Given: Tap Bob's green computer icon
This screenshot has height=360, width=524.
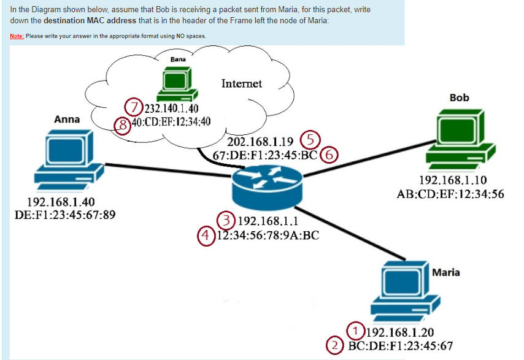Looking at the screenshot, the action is point(461,139).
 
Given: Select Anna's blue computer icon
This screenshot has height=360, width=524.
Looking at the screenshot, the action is point(69,160).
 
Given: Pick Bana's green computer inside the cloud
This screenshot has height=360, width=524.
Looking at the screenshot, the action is point(177,84).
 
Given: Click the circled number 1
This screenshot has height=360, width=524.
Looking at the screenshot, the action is point(356,331).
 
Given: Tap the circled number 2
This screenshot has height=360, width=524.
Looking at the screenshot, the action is point(335,345).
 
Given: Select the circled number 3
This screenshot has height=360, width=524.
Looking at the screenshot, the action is point(226,220).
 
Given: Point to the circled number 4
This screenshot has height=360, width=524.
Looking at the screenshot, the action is point(206,236).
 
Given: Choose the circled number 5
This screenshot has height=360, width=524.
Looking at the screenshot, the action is point(310,140).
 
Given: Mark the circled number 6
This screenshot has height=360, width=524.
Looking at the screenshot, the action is point(329,155).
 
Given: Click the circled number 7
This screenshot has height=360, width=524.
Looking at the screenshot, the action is point(134,107).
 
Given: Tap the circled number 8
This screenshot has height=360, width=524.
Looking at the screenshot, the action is point(123,125).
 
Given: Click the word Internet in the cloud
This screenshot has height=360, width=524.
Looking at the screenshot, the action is point(242,83).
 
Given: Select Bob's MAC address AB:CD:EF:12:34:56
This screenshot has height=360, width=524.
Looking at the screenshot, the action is point(450,194).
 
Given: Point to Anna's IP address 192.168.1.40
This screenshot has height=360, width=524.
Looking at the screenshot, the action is point(61,202).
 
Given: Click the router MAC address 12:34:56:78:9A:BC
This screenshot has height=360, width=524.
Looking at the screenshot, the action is point(268,236).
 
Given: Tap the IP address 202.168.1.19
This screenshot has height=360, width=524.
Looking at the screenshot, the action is point(260,142).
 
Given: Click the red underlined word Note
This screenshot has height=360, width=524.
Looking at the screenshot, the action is point(17,36).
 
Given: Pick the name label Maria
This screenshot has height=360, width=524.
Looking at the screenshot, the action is point(446,272).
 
